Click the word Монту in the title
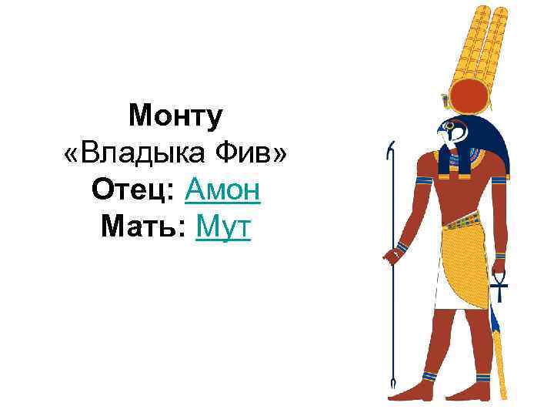(176, 117)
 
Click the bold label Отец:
(134, 188)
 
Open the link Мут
(224, 224)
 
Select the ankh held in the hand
(499, 286)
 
